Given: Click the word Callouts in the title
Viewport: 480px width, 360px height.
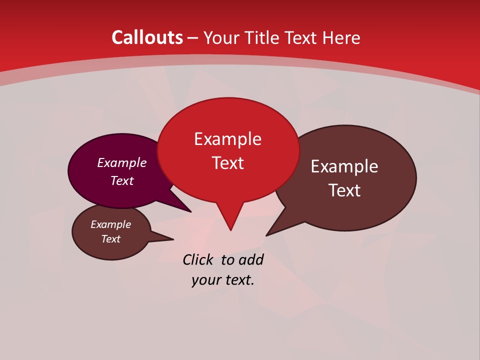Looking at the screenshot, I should pos(147,37).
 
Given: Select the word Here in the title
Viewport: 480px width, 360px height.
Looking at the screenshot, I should pos(340,37).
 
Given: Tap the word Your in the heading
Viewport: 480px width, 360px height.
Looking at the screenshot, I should pos(221,38).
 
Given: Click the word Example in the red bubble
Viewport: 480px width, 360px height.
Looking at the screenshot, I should pos(227,138).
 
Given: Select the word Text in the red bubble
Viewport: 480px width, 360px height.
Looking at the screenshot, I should pos(228,163).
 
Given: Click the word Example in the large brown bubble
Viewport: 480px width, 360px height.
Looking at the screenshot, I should pos(344,166).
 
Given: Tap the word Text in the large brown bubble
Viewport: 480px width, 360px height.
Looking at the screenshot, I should pos(344,190).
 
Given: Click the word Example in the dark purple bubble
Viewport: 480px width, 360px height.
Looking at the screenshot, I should pos(121,162).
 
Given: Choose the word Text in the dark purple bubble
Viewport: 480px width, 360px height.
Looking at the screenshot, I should pos(121,180).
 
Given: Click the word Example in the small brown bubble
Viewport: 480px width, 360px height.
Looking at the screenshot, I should pos(110,224).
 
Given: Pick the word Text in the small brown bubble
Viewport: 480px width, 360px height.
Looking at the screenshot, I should pos(110,239).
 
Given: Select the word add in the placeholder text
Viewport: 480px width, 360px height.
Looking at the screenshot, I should pos(250,259).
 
